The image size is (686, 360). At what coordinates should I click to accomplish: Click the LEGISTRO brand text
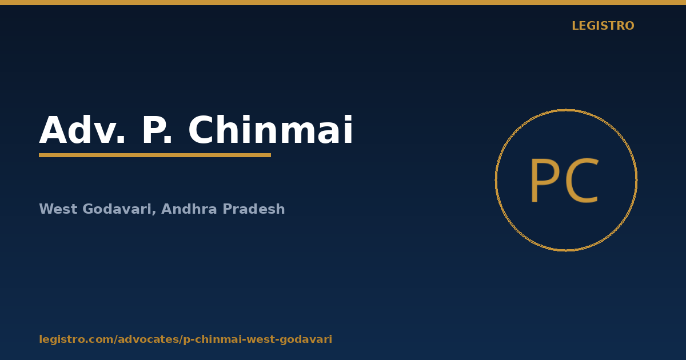[x=603, y=26]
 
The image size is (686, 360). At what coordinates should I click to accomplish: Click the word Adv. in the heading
[x=82, y=130]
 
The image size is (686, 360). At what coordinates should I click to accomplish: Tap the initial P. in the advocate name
[x=157, y=130]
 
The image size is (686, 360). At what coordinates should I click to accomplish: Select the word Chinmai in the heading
[x=270, y=130]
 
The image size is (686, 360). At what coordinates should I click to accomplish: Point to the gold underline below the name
[x=155, y=155]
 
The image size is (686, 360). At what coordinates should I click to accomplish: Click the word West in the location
[x=58, y=209]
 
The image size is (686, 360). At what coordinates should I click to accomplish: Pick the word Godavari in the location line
[x=117, y=209]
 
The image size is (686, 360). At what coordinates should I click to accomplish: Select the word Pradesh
[x=254, y=209]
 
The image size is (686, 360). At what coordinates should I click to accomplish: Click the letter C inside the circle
[x=581, y=181]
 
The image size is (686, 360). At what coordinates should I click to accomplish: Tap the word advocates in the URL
[x=149, y=339]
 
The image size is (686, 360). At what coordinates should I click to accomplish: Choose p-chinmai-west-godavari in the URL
[x=258, y=339]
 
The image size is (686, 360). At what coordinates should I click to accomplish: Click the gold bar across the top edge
[x=343, y=2]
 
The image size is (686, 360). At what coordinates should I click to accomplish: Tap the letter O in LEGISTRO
[x=628, y=26]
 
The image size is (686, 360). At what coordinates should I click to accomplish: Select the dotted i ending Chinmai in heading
[x=349, y=130]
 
